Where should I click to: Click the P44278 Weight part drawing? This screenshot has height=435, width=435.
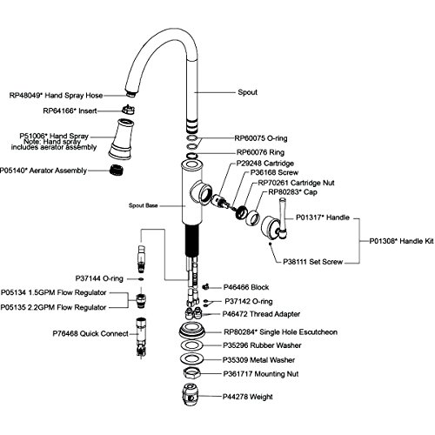point(191,395)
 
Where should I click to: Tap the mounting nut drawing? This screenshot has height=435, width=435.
point(192,373)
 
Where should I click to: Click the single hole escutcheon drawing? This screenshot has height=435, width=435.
point(192,331)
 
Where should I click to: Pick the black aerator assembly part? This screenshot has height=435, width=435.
point(117,170)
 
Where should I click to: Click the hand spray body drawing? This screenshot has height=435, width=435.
point(121,139)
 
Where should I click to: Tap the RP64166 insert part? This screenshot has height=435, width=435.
point(128,110)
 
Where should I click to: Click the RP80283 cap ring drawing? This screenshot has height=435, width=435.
point(253,217)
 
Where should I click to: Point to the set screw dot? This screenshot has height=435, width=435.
point(271,244)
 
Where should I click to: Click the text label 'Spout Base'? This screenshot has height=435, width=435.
point(144,205)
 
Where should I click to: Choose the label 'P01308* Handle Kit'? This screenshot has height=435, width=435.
point(401,241)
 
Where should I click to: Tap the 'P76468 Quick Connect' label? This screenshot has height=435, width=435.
point(90,333)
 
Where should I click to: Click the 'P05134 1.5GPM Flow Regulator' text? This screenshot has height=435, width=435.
point(54,292)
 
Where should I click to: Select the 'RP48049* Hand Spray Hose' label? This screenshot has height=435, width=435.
point(56,96)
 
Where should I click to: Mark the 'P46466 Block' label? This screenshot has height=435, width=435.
point(246,287)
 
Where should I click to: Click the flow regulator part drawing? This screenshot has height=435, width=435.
point(141,301)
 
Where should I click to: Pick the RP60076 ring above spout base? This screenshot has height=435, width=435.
point(191,156)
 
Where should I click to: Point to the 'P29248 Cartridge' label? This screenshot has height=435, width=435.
point(264,164)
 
